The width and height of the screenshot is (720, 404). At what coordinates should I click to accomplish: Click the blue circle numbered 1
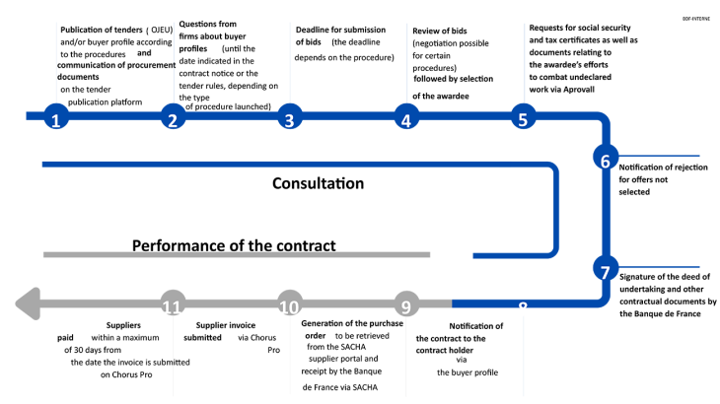click(57, 119)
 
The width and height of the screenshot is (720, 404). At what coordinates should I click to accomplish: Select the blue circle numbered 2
click(173, 119)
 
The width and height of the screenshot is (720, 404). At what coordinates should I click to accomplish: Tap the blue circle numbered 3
click(288, 119)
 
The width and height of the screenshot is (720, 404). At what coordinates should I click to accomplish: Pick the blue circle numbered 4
click(404, 119)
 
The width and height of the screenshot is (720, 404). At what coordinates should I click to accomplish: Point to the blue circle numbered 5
click(524, 119)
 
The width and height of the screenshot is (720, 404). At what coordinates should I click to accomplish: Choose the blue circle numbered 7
click(607, 268)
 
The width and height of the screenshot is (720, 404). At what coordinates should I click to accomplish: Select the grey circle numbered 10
click(288, 304)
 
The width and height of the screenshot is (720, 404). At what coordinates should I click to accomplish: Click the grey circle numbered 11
click(173, 304)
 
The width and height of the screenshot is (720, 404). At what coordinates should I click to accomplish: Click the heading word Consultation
click(318, 183)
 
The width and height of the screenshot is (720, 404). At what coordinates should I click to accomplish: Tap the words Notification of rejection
click(662, 168)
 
